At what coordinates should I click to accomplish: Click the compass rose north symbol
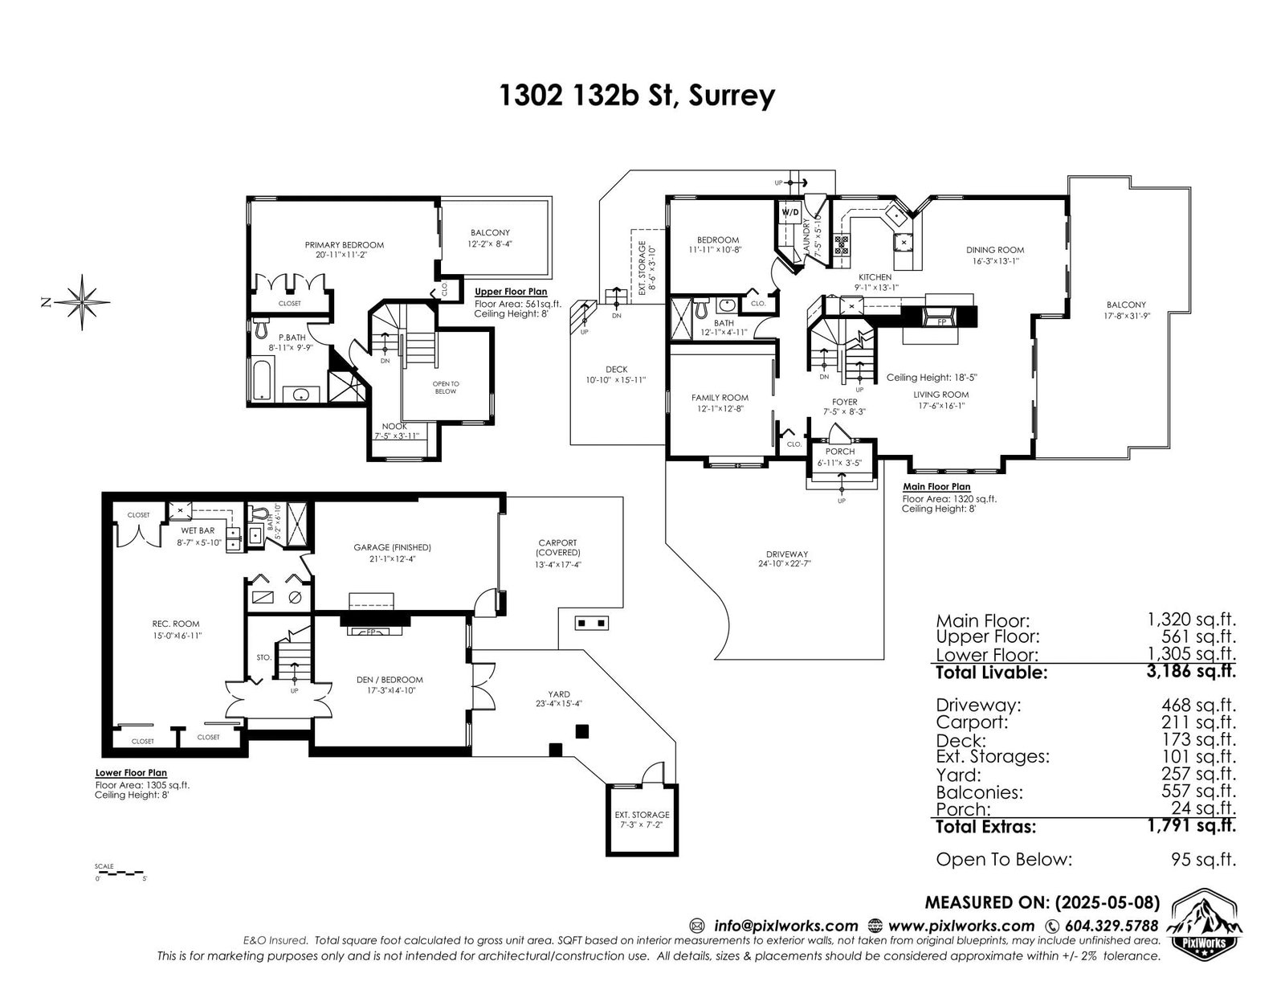[82, 302]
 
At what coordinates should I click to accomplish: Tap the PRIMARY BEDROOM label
[345, 245]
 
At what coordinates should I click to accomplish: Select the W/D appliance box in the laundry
[790, 212]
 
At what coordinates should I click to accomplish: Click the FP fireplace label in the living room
[942, 322]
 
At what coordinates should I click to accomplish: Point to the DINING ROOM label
[995, 250]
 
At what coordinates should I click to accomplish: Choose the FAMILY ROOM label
[720, 398]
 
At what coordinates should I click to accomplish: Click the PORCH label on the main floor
[840, 452]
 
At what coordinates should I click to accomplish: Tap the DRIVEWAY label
[786, 554]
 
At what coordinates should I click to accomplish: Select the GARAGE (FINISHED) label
[392, 547]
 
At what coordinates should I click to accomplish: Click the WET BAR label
[198, 530]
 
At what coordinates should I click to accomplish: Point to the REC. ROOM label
[176, 624]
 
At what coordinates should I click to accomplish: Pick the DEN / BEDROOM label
[390, 680]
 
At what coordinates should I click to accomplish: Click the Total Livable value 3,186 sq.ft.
[1191, 671]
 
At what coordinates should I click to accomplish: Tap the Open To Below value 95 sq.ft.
[1203, 858]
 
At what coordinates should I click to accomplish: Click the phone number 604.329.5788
[1112, 926]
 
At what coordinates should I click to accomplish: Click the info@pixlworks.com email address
[786, 926]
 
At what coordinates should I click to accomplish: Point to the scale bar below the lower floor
[119, 873]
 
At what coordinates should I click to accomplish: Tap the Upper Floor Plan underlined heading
[511, 292]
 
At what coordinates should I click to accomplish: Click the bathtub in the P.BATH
[261, 378]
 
